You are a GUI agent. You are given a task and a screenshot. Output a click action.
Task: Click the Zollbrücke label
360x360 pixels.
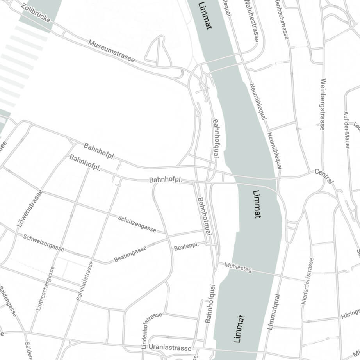37,13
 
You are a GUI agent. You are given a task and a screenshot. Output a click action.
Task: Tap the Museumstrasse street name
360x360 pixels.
112,51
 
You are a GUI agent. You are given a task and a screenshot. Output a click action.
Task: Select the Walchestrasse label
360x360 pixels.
251,20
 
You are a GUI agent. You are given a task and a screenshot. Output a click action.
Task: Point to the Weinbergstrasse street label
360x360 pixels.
322,104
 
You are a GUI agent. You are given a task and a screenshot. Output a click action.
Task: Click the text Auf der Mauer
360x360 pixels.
346,130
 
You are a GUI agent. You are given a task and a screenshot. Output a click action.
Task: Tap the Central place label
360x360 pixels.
324,176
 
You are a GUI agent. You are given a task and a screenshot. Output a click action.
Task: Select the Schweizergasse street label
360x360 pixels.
43,242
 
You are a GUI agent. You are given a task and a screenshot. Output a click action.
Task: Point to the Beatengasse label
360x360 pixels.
130,254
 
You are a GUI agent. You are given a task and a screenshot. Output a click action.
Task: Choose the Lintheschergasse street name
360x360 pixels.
45,288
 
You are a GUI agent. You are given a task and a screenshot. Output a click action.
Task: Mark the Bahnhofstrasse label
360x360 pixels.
85,280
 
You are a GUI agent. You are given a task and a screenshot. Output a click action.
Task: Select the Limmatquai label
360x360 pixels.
274,312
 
